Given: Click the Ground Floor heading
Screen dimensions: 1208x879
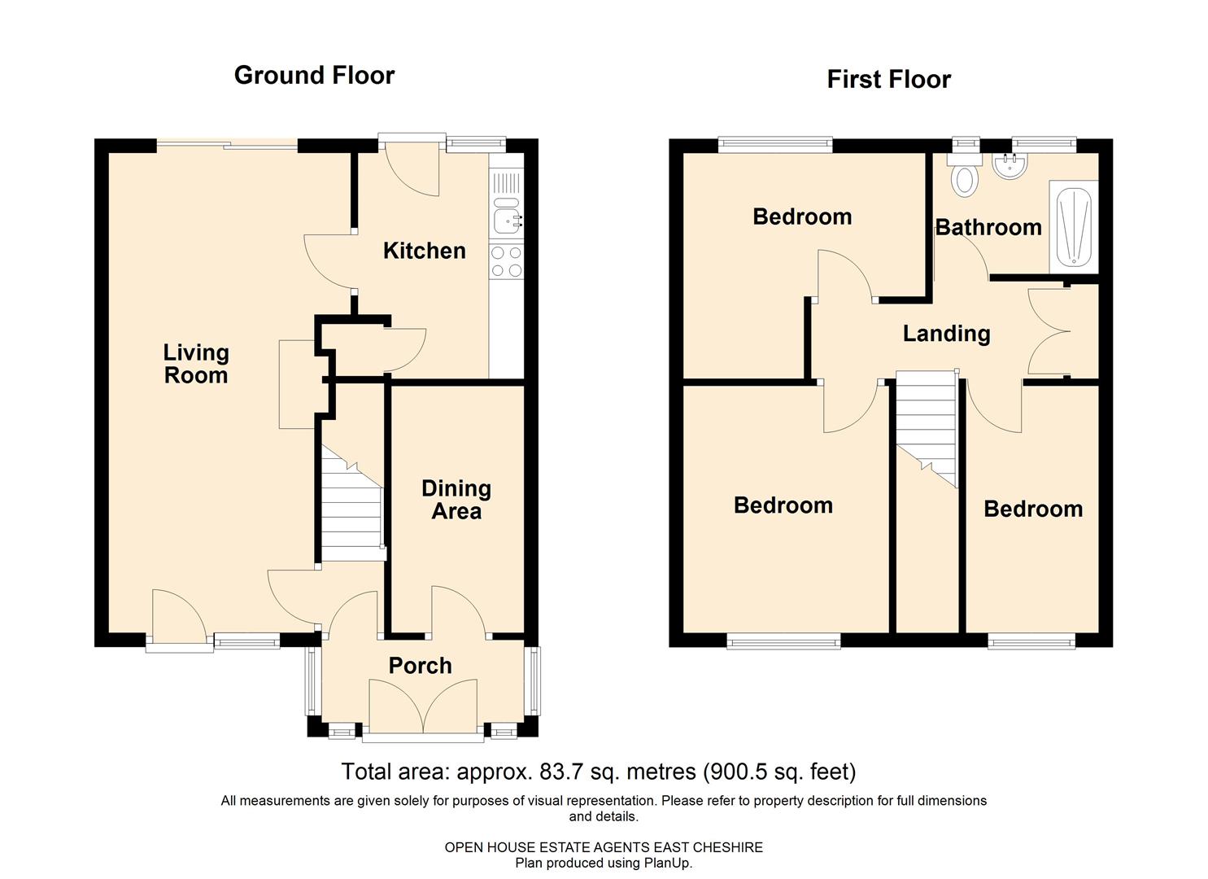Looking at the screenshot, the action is click(x=314, y=75).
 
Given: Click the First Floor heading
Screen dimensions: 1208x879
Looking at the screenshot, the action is click(x=889, y=79).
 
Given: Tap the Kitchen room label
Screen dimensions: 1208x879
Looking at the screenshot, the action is click(x=425, y=251).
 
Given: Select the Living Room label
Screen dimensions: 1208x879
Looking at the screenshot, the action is click(x=196, y=365).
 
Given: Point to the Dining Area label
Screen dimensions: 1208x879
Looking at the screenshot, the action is click(x=456, y=500).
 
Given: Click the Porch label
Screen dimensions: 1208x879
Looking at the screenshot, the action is click(x=420, y=666).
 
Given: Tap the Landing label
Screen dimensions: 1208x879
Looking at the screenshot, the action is click(x=946, y=334).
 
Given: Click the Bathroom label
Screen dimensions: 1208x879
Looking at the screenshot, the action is click(x=988, y=227).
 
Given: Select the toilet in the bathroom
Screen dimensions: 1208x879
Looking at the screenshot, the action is click(x=965, y=177).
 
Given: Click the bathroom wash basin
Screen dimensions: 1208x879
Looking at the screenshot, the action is click(x=1010, y=166).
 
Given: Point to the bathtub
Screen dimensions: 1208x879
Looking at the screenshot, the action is click(x=1074, y=226).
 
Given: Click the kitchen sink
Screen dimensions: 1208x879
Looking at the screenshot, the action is click(x=507, y=216).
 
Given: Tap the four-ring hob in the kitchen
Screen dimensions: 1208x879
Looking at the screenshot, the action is click(x=507, y=262).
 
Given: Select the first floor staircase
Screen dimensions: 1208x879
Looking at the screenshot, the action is click(x=927, y=429).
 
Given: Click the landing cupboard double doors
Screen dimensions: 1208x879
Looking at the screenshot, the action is click(x=1049, y=331).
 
